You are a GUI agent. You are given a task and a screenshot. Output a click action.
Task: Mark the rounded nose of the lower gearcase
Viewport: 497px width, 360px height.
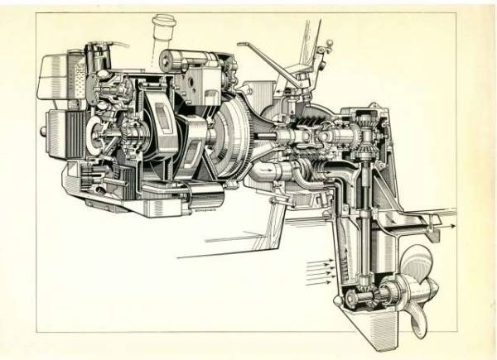pyautogui.click(x=335, y=298)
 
